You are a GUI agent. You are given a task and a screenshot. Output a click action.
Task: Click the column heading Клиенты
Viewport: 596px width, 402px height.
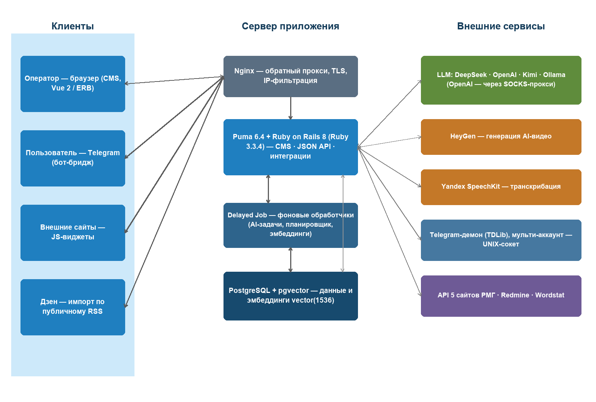click(x=73, y=26)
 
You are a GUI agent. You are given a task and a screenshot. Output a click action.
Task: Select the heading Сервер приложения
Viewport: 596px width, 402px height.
click(x=290, y=26)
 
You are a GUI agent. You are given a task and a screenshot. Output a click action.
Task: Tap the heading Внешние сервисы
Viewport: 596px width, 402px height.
click(x=501, y=26)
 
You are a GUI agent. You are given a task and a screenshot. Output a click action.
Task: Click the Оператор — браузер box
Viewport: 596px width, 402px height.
click(x=73, y=84)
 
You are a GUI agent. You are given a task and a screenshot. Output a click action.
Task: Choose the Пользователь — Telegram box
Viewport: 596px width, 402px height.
click(x=73, y=158)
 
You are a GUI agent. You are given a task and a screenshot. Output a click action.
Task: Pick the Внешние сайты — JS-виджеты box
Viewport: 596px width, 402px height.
click(x=73, y=233)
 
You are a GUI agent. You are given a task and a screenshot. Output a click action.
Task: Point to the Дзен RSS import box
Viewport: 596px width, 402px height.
click(x=73, y=307)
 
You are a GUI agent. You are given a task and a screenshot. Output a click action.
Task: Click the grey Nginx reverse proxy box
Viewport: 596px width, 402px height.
click(x=291, y=76)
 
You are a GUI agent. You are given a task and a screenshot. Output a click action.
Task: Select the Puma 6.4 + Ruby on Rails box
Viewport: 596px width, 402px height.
click(x=291, y=147)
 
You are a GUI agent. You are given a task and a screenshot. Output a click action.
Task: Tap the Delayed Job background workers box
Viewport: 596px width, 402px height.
click(x=291, y=225)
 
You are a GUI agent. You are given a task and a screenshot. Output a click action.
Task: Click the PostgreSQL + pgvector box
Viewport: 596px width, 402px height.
click(x=291, y=296)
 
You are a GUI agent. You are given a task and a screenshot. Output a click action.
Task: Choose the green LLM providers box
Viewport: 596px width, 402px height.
click(x=501, y=80)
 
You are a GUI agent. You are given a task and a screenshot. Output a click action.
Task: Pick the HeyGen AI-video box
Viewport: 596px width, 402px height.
click(x=501, y=137)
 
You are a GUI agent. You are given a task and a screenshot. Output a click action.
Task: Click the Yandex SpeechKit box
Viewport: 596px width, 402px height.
click(x=501, y=187)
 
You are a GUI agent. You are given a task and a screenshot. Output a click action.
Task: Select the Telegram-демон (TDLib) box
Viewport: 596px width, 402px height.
click(x=501, y=240)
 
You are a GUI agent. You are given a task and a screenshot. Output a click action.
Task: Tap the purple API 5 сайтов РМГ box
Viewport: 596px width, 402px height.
click(x=501, y=296)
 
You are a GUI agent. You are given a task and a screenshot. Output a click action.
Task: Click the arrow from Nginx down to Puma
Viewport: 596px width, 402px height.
click(x=291, y=108)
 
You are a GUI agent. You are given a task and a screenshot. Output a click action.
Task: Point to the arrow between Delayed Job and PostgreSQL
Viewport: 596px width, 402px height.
click(x=291, y=260)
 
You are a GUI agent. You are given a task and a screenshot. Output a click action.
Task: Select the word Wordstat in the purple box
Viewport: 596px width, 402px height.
click(x=550, y=295)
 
